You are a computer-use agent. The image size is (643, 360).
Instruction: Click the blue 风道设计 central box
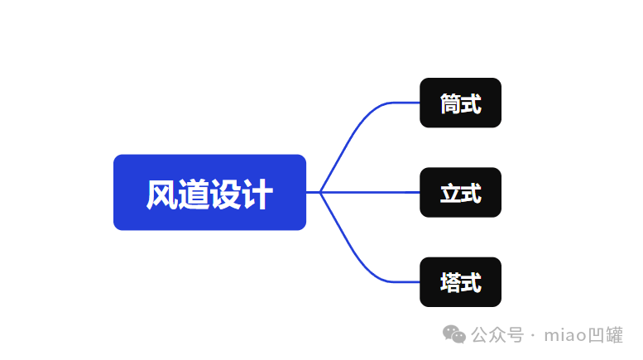209,192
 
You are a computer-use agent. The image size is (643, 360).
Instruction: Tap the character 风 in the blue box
161,194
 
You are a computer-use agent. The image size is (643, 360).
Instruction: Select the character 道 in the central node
194,194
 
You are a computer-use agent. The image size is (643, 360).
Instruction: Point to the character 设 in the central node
225,194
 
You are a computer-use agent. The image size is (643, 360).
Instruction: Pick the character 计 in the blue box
257,194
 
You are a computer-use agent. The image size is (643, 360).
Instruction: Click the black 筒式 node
460,103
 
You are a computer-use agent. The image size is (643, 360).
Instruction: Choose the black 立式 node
460,192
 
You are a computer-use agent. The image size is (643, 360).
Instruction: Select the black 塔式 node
460,282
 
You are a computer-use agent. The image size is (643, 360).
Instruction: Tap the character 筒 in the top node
450,103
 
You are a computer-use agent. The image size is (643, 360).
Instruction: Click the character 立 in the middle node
450,194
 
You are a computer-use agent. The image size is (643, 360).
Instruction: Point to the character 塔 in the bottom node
450,283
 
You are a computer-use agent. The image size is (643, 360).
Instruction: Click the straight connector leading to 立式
372,192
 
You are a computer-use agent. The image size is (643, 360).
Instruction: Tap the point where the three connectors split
320,192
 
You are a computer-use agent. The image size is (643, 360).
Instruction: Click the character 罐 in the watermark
614,334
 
